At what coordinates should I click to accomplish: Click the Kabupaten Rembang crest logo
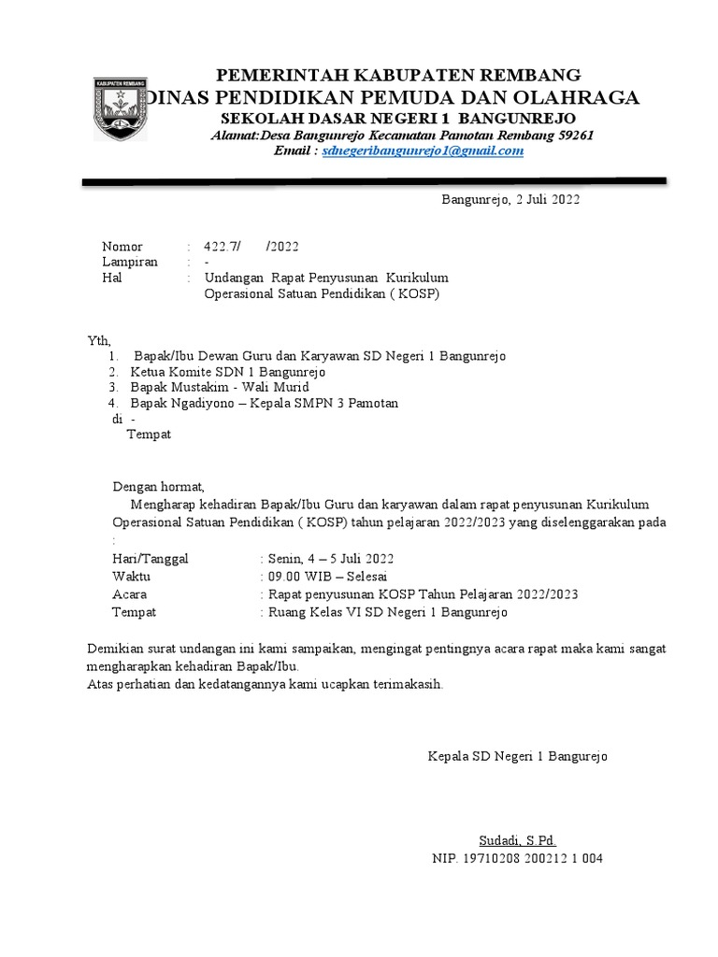pyautogui.click(x=120, y=108)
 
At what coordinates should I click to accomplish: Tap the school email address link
pyautogui.click(x=423, y=150)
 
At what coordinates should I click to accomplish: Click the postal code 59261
pyautogui.click(x=574, y=135)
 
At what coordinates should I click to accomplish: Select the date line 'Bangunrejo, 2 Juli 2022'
pyautogui.click(x=510, y=199)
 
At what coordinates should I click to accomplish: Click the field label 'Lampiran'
pyautogui.click(x=130, y=262)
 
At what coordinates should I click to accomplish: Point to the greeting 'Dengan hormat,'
pyautogui.click(x=158, y=487)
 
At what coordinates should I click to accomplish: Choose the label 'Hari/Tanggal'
pyautogui.click(x=151, y=558)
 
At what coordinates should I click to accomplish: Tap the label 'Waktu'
pyautogui.click(x=132, y=576)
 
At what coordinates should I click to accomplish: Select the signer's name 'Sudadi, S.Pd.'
pyautogui.click(x=518, y=840)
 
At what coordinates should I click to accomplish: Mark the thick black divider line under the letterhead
pyautogui.click(x=374, y=181)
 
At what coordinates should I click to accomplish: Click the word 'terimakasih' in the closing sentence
pyautogui.click(x=401, y=684)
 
